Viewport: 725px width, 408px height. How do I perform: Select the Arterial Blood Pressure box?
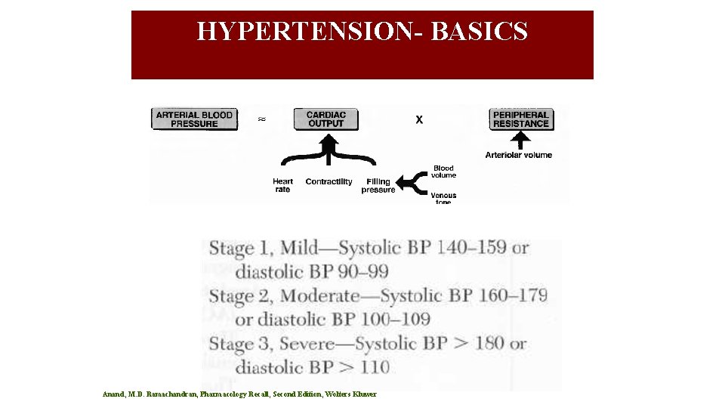point(195,119)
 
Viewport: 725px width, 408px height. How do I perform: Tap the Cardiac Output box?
point(325,119)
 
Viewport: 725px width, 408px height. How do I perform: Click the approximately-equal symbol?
point(261,119)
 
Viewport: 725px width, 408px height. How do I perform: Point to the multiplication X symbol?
point(419,119)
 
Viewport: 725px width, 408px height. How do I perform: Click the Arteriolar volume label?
point(519,155)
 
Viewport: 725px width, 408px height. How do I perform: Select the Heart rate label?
point(282,185)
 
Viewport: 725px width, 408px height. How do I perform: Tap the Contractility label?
point(329,181)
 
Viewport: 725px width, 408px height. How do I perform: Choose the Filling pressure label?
point(378,185)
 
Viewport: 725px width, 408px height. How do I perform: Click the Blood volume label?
point(443,172)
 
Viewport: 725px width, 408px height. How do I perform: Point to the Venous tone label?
point(443,199)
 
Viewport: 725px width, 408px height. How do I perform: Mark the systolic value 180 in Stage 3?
point(489,343)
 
